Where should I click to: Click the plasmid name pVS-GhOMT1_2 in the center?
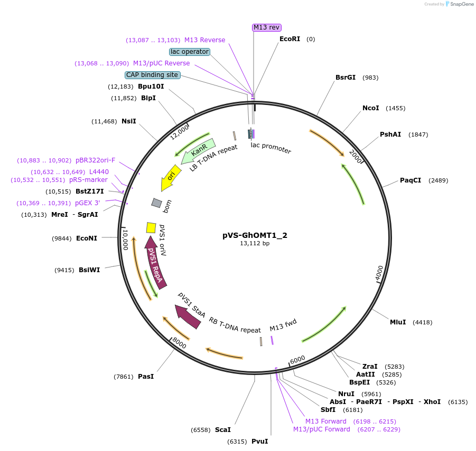coord(255,235)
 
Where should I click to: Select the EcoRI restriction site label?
coord(290,39)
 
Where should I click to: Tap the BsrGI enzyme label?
coord(346,78)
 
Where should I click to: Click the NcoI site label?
coord(370,108)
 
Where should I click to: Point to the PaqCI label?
coord(410,180)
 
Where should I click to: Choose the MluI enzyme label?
coord(398,322)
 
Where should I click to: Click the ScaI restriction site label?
coord(222,430)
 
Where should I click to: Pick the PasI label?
coord(146,376)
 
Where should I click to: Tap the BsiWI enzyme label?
coord(89,270)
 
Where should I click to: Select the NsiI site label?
coord(129,121)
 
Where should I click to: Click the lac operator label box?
coord(190,52)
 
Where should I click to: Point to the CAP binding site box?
coord(152,75)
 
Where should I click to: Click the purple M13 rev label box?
coord(267,27)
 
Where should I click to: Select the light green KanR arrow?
coord(198,151)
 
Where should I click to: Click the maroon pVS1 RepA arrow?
coord(155,261)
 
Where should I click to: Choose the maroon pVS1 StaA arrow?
coord(189,316)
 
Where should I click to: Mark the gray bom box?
coord(156,203)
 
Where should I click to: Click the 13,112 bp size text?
coord(255,244)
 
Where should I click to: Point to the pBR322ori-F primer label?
coord(95,160)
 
